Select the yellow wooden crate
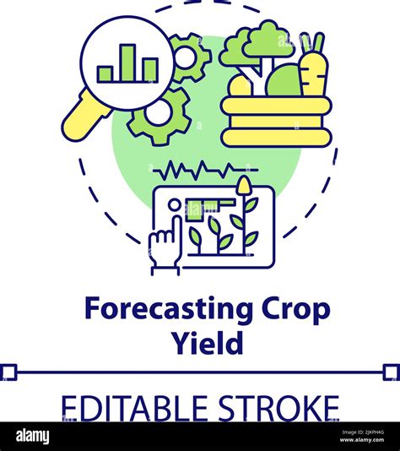pyautogui.click(x=274, y=121)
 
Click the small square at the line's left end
pyautogui.click(x=8, y=372)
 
